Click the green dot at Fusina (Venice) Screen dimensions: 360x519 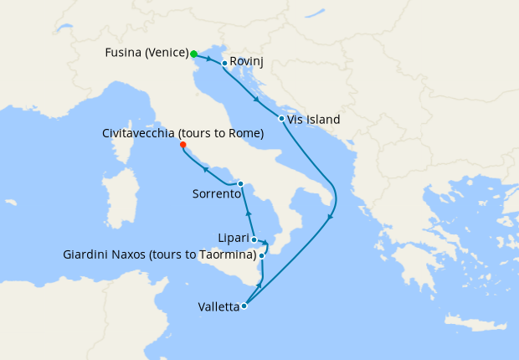tap(193, 54)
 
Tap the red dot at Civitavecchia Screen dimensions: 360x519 tap(182, 144)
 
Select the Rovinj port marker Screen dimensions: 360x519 tap(224, 63)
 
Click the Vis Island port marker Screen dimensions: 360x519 tap(281, 118)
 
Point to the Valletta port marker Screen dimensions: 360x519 tap(244, 306)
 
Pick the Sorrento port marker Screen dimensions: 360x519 tap(240, 183)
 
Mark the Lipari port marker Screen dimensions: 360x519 tap(254, 239)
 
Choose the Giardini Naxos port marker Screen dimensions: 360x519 tap(262, 255)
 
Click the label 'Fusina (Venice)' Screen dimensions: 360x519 tap(146, 54)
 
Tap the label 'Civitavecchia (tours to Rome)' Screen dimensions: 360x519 tap(182, 133)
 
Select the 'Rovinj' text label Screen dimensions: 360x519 tap(248, 62)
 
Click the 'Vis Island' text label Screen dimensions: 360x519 tap(313, 120)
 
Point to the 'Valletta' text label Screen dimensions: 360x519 tap(218, 306)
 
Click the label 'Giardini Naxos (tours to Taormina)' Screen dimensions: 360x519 tap(159, 255)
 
